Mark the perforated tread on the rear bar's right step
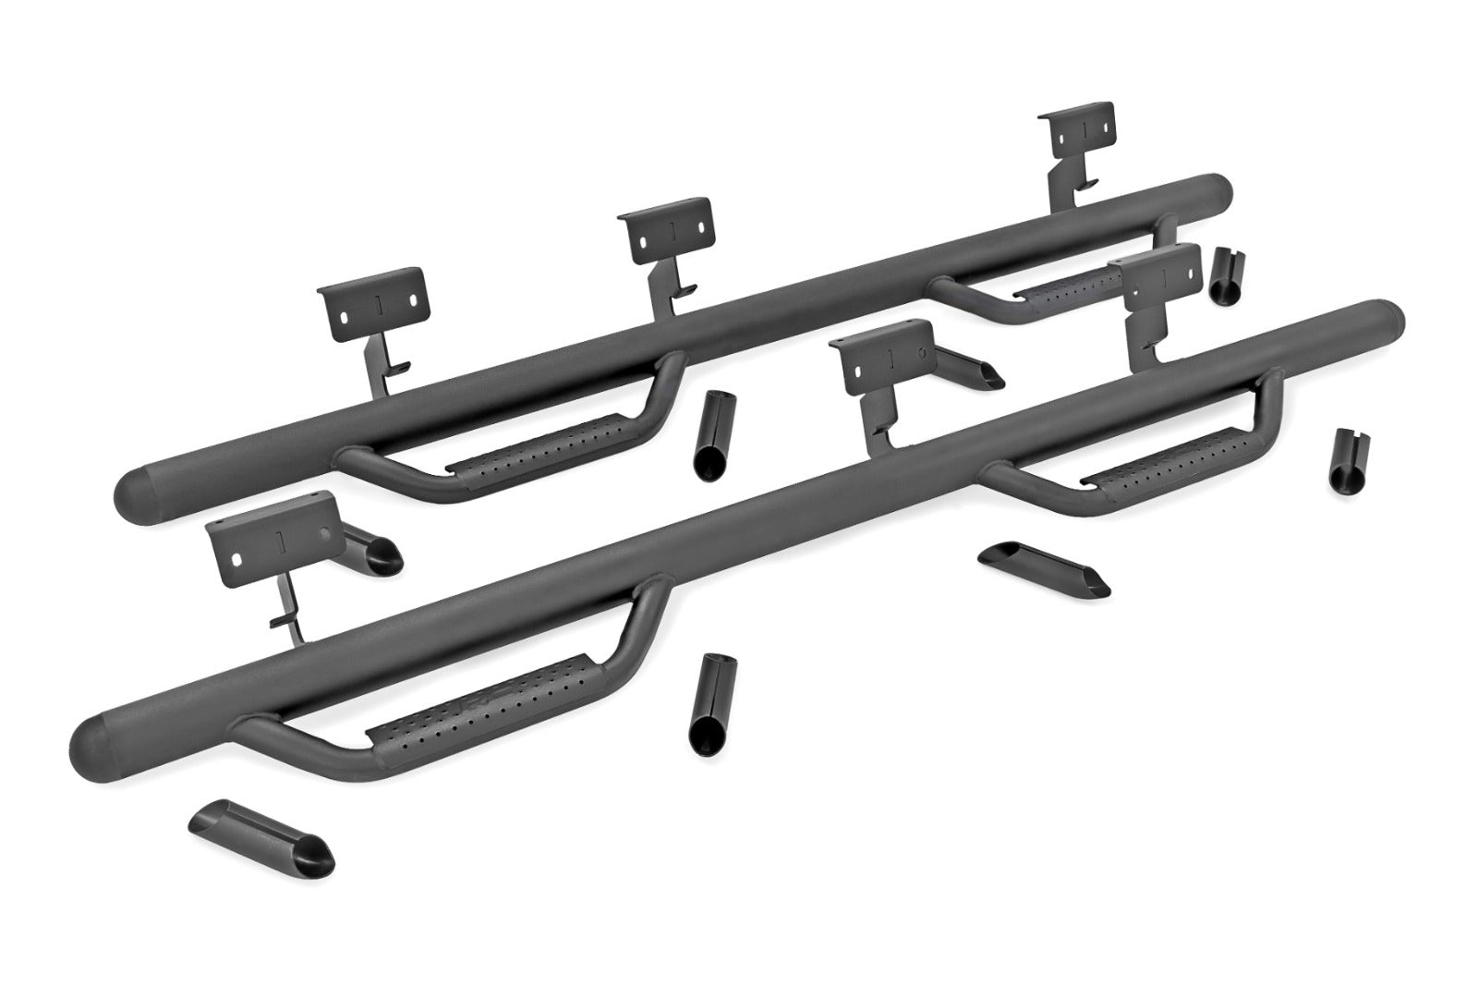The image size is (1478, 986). click(x=1053, y=285)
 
